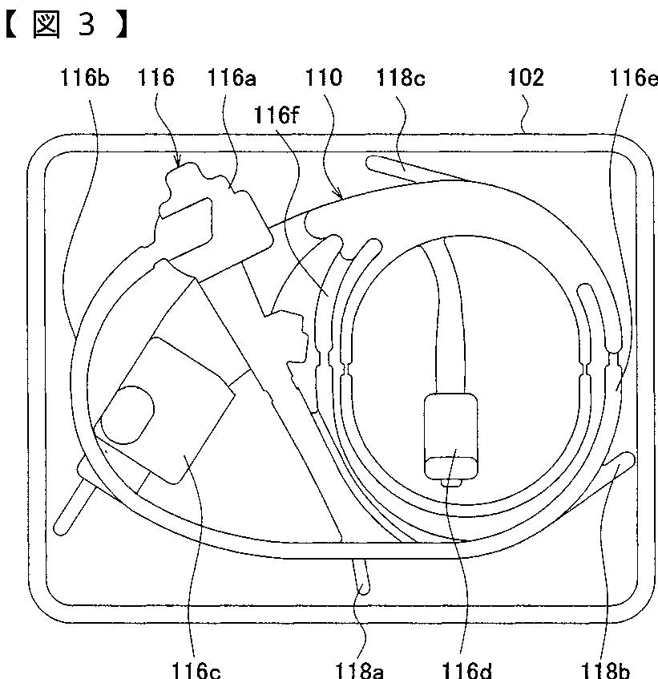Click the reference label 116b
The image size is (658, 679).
coord(85,79)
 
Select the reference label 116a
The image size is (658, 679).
coord(232,79)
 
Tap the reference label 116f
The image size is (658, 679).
coord(277,115)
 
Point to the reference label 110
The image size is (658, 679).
coord(324,79)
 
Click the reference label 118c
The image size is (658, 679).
coord(401,79)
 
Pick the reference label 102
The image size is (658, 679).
coord(525,79)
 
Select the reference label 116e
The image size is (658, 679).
coord(633,79)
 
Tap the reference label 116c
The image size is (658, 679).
coord(196,669)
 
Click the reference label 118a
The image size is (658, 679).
coord(359,669)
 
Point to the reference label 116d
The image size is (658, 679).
coord(466,669)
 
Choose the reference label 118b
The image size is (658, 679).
coord(605,669)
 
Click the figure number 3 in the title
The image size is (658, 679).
coord(86,24)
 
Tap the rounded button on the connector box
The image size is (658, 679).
coord(128,414)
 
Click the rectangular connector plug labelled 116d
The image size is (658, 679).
coord(451,437)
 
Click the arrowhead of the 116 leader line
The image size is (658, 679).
coord(177,163)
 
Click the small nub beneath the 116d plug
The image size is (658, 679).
coord(451,483)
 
